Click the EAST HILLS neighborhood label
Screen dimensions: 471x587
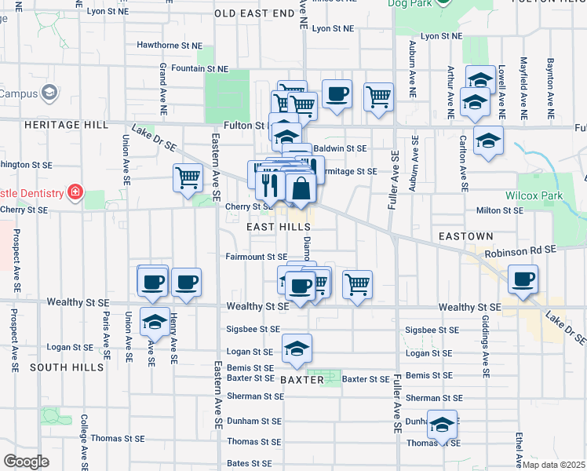[273, 226]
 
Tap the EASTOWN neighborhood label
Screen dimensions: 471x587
[465, 236]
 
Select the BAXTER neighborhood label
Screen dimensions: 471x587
[301, 380]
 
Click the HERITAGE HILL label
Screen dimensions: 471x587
[41, 125]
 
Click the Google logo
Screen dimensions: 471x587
[27, 461]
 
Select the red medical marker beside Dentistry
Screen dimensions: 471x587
[75, 192]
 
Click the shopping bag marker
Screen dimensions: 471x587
[301, 188]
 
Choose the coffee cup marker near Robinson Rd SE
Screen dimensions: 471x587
[523, 278]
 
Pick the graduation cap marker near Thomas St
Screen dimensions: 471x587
[443, 425]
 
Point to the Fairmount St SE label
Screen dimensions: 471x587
[256, 257]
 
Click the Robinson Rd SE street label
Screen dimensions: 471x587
[519, 250]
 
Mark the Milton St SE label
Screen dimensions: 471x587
[500, 210]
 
